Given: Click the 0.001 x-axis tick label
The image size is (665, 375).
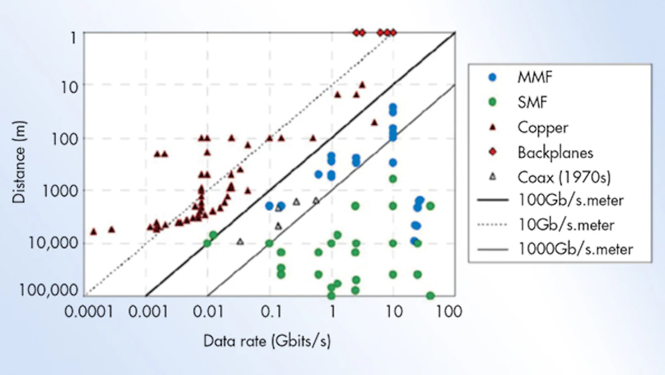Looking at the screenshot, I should click(x=146, y=312).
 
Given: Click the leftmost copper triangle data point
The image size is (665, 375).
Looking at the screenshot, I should click(x=94, y=231).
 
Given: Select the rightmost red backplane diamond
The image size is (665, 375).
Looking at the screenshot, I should click(x=393, y=33).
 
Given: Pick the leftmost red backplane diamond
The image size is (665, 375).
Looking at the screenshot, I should click(x=356, y=33).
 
